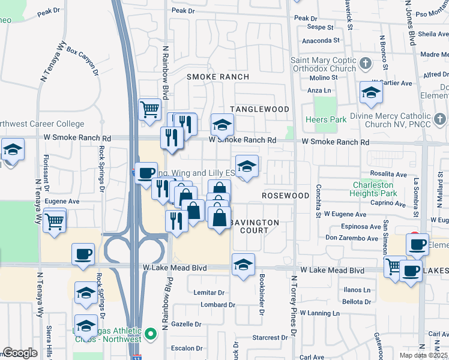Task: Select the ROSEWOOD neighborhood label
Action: click(x=286, y=196)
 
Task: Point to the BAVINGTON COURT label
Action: click(x=255, y=226)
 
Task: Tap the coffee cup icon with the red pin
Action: click(x=417, y=244)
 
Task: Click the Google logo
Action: click(x=20, y=352)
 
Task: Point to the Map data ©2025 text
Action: click(x=423, y=355)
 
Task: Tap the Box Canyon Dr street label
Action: click(x=82, y=61)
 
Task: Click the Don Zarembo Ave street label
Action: click(x=352, y=238)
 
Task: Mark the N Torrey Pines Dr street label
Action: click(x=294, y=306)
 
